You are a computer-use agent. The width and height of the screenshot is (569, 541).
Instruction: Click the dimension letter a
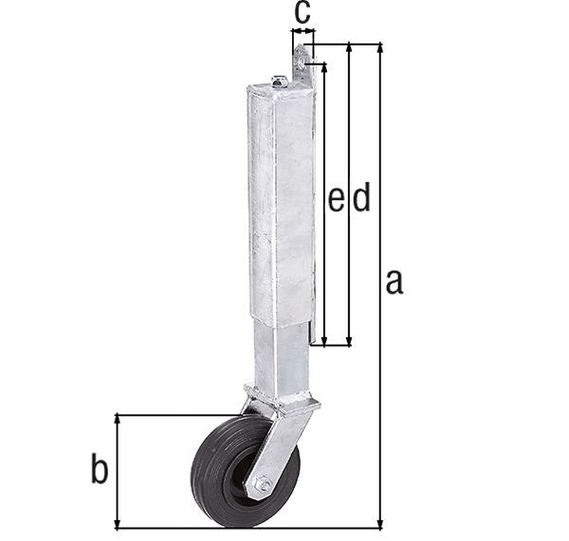pos(395,281)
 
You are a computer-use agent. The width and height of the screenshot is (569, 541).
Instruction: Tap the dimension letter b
pos(100,468)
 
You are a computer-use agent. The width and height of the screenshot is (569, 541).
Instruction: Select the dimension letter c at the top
pos(302,13)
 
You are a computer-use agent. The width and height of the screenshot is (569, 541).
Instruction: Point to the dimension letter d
pos(360,198)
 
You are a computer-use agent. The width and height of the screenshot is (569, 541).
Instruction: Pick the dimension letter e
pos(336,198)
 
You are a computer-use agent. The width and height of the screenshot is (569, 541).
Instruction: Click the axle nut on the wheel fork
pos(264,485)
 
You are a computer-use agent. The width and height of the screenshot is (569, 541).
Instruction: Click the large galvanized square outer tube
pos(281,199)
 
